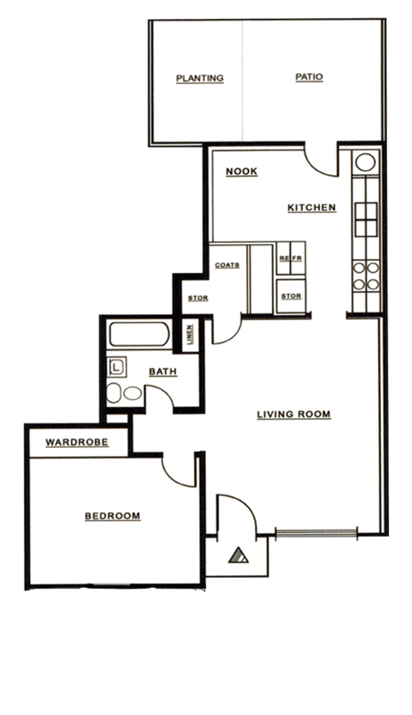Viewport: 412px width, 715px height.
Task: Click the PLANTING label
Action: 199,78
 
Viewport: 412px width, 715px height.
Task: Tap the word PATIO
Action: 308,76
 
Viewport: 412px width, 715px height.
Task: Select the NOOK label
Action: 241,172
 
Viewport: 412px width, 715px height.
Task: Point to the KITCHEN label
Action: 311,208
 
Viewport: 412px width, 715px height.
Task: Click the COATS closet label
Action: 227,264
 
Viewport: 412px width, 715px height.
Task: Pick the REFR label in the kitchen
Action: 288,258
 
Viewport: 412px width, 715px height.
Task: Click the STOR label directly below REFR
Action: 290,296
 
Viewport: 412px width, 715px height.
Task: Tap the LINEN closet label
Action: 189,335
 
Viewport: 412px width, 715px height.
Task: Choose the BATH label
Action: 162,372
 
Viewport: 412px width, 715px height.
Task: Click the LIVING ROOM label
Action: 294,415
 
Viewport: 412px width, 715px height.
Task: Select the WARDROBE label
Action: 76,443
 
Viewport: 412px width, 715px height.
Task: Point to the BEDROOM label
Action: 112,516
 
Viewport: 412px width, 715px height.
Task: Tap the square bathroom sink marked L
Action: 118,368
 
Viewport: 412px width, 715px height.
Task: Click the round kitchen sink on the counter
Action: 363,161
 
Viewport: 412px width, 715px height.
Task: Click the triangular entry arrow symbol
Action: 238,554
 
